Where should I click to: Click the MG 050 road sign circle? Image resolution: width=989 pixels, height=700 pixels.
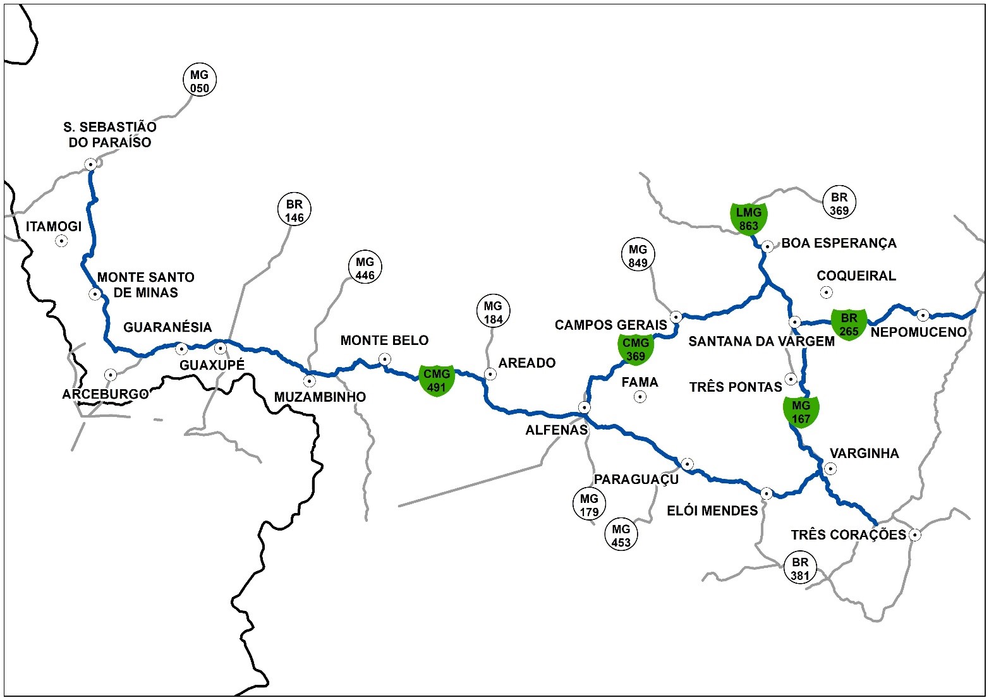click(199, 81)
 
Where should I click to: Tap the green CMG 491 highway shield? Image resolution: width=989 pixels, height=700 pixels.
click(437, 380)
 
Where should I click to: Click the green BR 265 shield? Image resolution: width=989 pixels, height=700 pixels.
click(849, 324)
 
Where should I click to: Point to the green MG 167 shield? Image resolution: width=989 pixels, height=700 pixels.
click(801, 411)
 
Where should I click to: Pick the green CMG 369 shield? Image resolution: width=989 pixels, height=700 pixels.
click(636, 349)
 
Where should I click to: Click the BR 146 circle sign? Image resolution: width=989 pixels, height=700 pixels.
click(294, 210)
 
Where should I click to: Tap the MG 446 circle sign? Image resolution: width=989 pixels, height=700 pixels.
click(365, 268)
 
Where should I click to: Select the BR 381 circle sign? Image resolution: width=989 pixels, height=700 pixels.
click(800, 568)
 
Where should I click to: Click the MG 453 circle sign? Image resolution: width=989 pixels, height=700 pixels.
click(621, 534)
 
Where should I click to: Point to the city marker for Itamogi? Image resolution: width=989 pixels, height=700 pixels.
click(61, 241)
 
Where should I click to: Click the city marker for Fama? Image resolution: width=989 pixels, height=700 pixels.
click(640, 397)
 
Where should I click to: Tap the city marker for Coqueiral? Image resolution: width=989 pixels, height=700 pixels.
click(826, 292)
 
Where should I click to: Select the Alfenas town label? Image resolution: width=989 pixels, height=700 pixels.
click(556, 430)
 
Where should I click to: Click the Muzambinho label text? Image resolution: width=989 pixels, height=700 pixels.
click(320, 397)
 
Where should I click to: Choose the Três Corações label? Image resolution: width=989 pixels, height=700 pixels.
click(848, 535)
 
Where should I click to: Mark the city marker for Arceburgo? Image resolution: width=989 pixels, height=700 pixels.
click(111, 375)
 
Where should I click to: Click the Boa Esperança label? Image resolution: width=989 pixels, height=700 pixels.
click(839, 243)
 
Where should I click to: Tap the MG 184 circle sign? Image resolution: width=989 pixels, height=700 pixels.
click(493, 312)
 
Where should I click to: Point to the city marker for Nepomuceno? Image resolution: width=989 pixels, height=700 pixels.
click(923, 315)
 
